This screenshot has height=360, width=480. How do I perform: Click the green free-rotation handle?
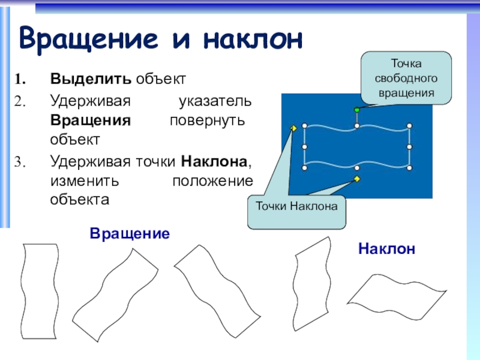[356, 110]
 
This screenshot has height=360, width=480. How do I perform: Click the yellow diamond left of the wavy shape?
[293, 128]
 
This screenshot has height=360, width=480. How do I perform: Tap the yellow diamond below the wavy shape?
[356, 179]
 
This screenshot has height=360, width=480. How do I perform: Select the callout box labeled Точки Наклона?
[296, 212]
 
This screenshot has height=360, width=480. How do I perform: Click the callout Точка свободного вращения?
[406, 78]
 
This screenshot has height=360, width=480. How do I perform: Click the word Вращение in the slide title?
[89, 39]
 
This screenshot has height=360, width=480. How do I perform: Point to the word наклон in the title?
[253, 40]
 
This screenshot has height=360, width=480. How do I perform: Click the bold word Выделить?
[91, 79]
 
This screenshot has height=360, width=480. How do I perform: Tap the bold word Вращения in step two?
[91, 121]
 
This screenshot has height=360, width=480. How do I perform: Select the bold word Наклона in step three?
[214, 161]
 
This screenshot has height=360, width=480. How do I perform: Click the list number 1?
[20, 79]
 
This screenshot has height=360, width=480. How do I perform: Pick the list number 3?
[20, 162]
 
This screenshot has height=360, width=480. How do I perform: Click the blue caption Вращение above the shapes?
[130, 233]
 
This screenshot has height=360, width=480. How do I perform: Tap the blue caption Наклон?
[386, 248]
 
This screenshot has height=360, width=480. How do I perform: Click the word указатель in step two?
[215, 101]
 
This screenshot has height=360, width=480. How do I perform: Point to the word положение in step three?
[213, 181]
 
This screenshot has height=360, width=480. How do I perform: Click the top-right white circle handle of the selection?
[410, 126]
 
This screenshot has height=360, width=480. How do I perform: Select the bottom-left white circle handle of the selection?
[305, 168]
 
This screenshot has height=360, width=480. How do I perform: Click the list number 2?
[20, 101]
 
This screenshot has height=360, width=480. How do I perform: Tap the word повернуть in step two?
[207, 121]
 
